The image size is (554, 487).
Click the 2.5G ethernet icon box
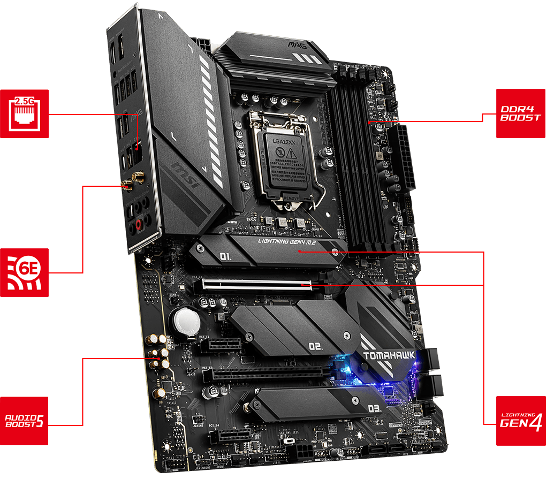tap(24, 113)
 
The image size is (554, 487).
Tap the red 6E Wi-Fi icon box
tap(24, 272)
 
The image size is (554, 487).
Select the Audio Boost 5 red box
tap(24, 421)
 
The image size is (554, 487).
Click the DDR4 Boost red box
tap(520, 113)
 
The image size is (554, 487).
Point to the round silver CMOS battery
tap(185, 322)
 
